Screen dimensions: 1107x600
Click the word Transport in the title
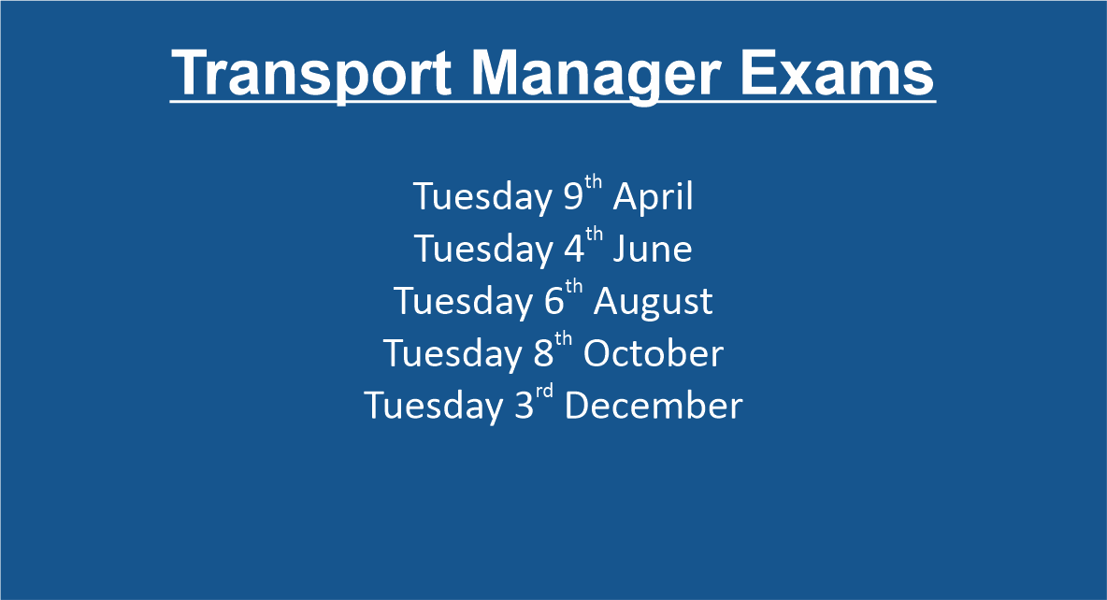(x=311, y=74)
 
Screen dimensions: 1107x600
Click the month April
(x=653, y=197)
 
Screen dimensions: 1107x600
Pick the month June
(x=653, y=250)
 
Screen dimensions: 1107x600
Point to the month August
(x=653, y=302)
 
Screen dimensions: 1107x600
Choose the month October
(x=653, y=353)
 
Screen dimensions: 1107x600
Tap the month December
(x=653, y=406)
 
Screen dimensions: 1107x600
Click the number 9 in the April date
(x=572, y=196)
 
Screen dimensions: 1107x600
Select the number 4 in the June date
(x=573, y=250)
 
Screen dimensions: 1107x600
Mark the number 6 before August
(x=553, y=302)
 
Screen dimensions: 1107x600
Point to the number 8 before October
(x=543, y=353)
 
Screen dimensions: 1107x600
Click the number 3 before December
(x=524, y=406)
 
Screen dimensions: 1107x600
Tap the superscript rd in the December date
(x=543, y=392)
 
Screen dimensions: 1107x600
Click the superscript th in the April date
(x=593, y=182)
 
